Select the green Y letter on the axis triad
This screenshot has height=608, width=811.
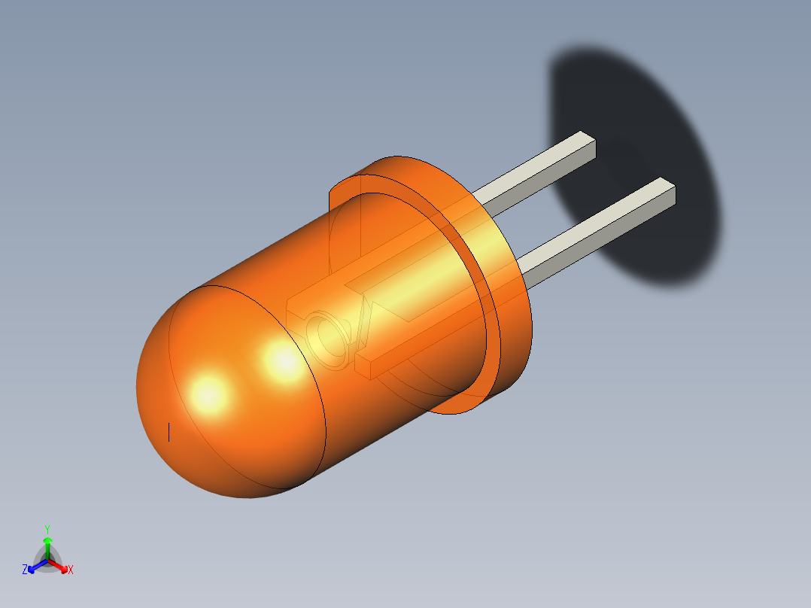pos(47,529)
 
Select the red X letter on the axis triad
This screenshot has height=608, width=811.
pos(71,570)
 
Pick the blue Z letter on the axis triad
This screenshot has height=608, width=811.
pos(25,570)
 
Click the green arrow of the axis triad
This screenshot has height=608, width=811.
pos(47,543)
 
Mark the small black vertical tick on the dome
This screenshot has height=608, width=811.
pos(169,432)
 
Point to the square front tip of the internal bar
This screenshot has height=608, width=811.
pos(363,366)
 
